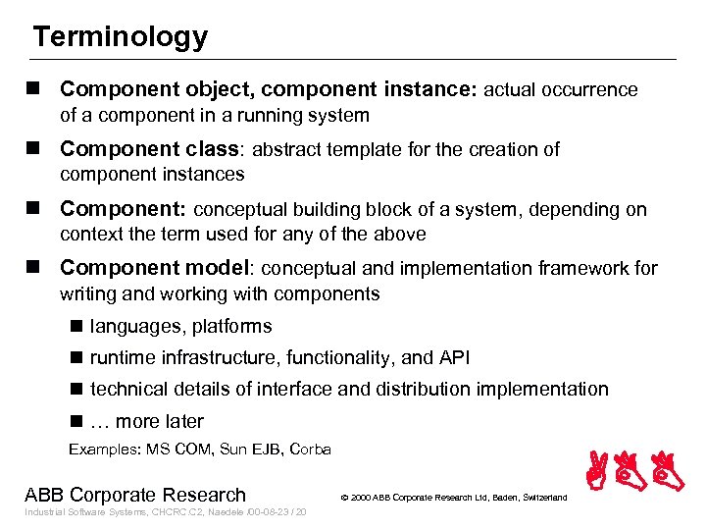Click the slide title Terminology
pyautogui.click(x=120, y=37)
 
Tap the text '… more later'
pyautogui.click(x=147, y=421)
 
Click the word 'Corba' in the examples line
pyautogui.click(x=311, y=450)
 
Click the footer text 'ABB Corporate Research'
pyautogui.click(x=135, y=495)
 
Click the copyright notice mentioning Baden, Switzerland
pyautogui.click(x=453, y=498)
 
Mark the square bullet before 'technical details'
pyautogui.click(x=76, y=390)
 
